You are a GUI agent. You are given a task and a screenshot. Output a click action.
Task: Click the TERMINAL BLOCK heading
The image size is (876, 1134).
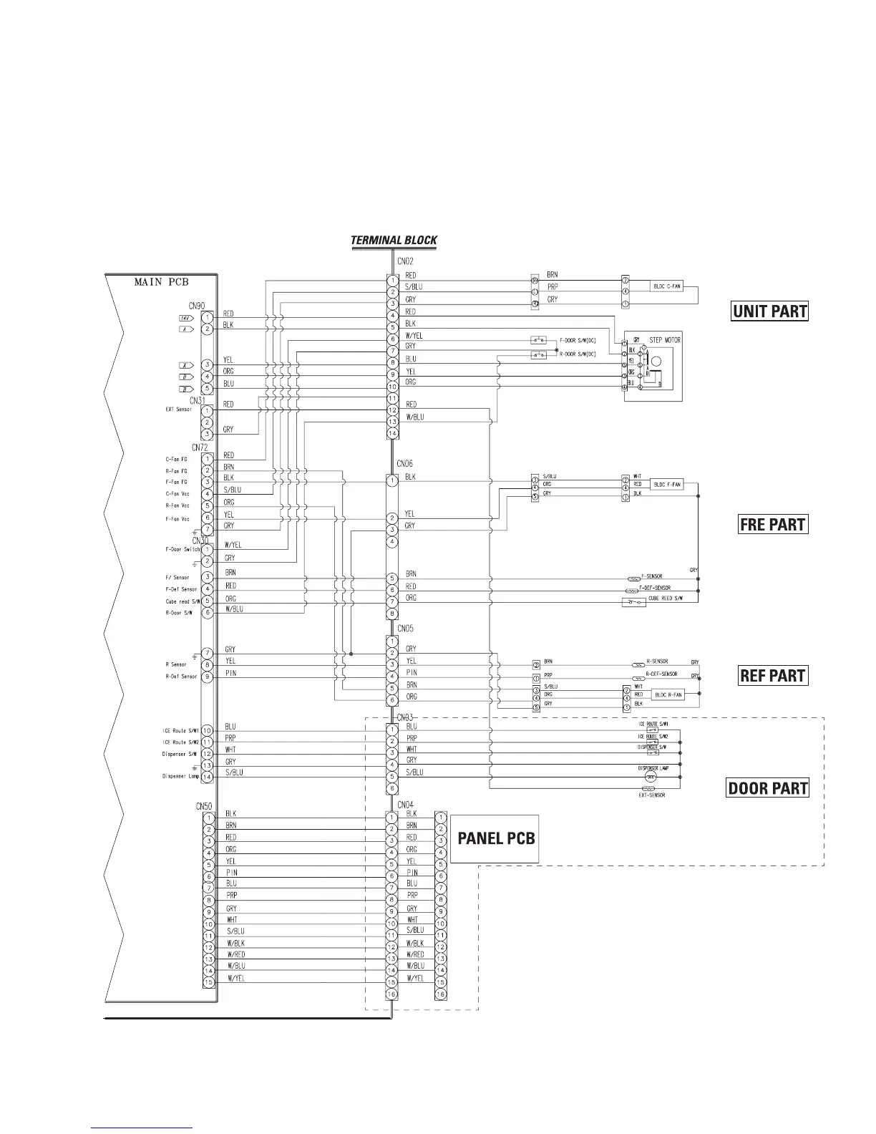click(x=394, y=241)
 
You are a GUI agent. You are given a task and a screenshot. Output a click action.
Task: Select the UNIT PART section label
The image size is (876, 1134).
click(x=769, y=311)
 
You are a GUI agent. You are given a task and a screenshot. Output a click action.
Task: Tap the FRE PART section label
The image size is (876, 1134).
click(x=772, y=525)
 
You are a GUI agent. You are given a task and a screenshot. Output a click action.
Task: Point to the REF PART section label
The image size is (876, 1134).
click(x=772, y=676)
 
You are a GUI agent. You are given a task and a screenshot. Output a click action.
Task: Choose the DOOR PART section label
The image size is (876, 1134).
click(x=768, y=789)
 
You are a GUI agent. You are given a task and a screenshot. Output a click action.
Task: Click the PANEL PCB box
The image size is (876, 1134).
click(x=495, y=838)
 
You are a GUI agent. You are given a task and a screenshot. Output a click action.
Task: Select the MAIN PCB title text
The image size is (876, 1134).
click(x=161, y=282)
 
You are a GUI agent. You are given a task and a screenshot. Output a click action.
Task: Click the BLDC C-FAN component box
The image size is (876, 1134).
click(x=666, y=287)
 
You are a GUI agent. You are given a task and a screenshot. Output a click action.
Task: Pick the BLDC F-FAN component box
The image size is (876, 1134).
click(x=667, y=485)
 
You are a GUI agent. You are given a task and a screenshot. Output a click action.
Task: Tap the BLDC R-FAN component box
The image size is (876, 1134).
click(x=667, y=694)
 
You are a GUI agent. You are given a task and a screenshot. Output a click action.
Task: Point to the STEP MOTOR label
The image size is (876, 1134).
click(x=665, y=340)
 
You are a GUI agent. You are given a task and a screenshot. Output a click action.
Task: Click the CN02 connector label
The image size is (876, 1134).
click(x=404, y=262)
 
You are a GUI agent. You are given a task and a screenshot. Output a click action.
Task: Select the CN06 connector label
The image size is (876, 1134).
click(x=404, y=465)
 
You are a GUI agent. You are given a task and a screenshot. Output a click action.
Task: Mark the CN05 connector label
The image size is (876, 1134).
click(x=404, y=629)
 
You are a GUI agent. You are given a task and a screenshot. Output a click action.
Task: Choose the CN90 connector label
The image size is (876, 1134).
click(x=198, y=306)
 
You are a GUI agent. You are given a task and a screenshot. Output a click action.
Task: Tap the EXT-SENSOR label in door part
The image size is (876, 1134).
click(x=651, y=795)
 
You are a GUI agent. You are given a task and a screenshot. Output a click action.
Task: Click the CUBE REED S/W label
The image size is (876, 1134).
click(x=663, y=598)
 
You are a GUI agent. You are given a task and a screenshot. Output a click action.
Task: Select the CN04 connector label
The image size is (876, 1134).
click(x=405, y=805)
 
